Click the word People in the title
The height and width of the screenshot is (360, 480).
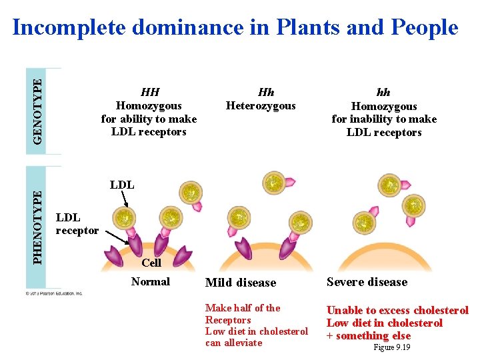click(424, 27)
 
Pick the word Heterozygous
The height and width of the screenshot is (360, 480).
click(261, 105)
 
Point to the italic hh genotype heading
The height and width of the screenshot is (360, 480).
click(383, 93)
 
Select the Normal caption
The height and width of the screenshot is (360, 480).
click(151, 281)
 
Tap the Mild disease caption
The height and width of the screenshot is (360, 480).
click(240, 283)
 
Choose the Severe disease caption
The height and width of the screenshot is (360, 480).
click(367, 282)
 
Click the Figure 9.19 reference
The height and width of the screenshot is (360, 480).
click(392, 347)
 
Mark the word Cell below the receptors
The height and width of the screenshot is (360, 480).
click(151, 263)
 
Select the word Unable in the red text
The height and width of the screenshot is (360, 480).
click(344, 310)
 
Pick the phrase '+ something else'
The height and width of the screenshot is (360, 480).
click(368, 335)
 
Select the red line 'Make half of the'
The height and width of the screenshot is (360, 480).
click(243, 308)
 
